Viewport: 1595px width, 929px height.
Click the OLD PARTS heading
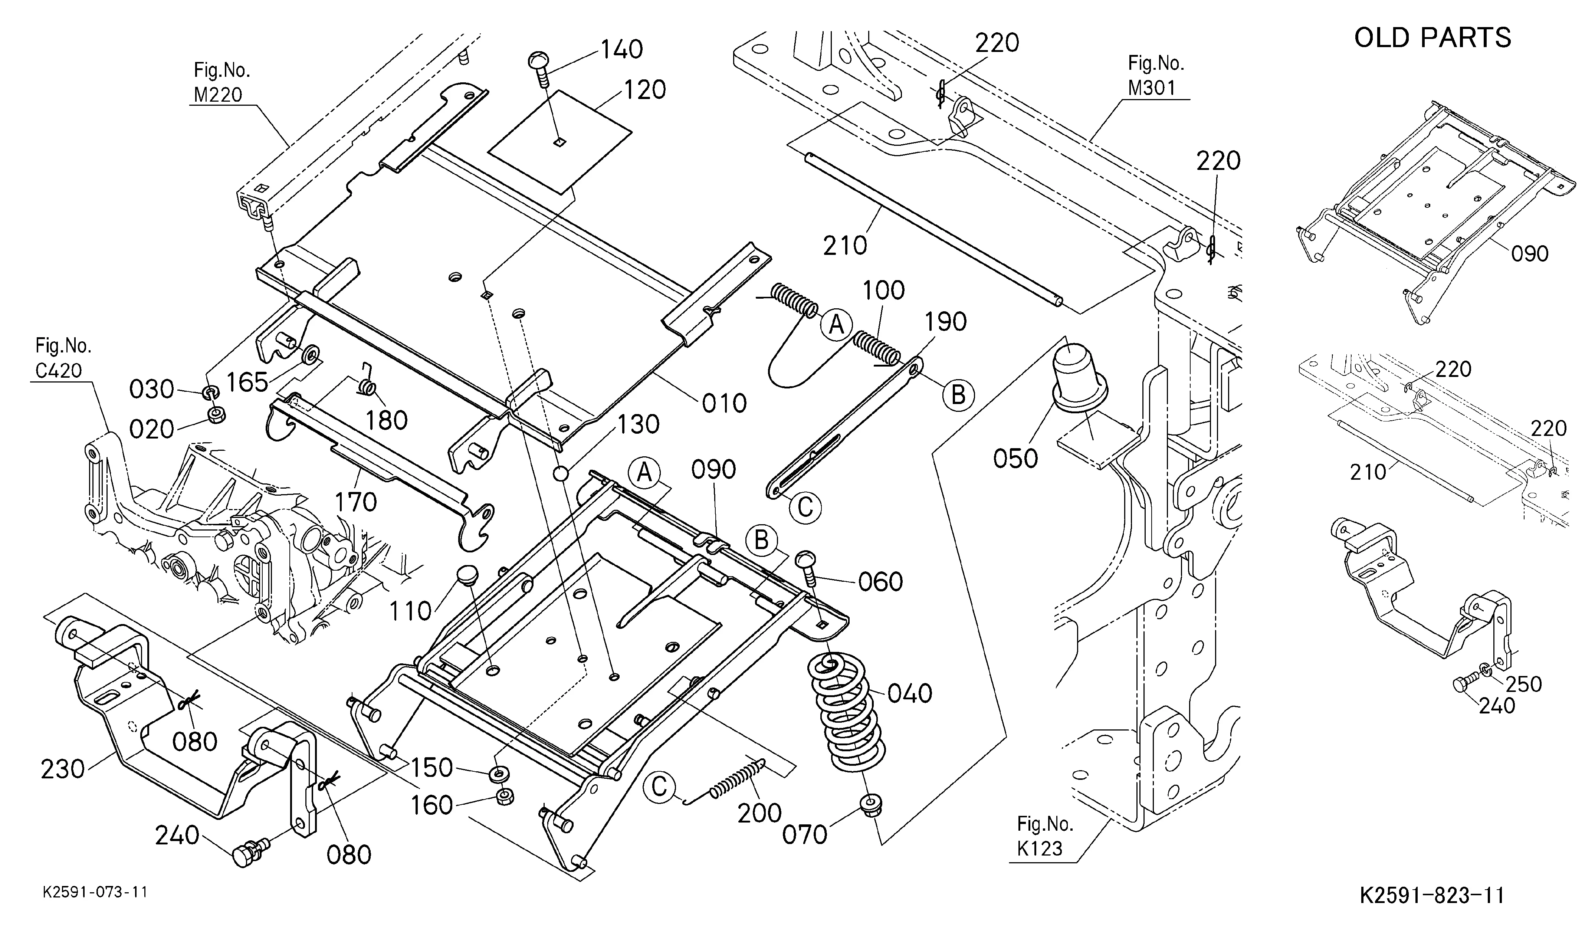point(1432,38)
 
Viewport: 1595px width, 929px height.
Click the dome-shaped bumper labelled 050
point(1080,375)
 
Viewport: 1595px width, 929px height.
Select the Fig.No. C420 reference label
point(63,358)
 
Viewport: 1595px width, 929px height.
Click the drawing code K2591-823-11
point(1432,895)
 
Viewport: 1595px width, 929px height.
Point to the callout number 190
point(946,322)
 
